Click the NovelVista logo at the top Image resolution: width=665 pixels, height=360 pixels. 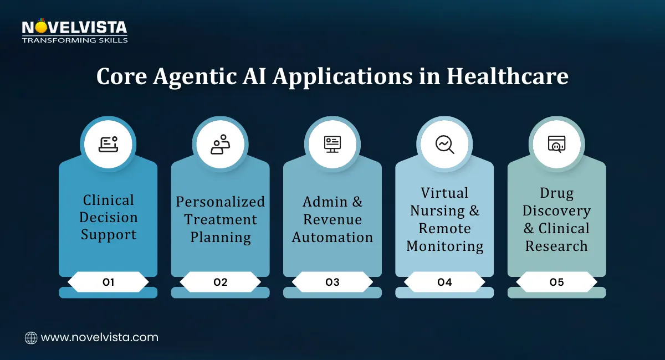click(x=74, y=31)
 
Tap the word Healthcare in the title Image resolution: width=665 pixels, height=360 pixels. click(x=508, y=76)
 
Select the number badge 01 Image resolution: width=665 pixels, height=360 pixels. click(x=108, y=282)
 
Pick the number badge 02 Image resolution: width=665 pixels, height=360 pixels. click(x=221, y=282)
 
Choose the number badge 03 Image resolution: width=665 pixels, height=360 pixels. click(x=332, y=282)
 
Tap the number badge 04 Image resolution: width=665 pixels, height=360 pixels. click(x=444, y=282)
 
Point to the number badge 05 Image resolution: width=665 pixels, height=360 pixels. click(x=556, y=282)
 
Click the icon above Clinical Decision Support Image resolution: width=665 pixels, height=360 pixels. click(x=108, y=145)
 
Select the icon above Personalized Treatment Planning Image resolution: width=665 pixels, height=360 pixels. click(x=221, y=145)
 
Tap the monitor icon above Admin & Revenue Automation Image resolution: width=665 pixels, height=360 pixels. click(x=332, y=145)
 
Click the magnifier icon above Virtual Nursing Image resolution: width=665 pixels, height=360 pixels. click(x=444, y=145)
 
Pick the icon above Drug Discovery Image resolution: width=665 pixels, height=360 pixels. click(x=556, y=145)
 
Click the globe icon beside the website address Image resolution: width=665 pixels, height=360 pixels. click(x=31, y=338)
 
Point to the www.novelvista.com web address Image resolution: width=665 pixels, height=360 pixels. click(x=100, y=337)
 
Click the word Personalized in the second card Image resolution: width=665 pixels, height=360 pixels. click(x=221, y=202)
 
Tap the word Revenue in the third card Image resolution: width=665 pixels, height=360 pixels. click(x=332, y=219)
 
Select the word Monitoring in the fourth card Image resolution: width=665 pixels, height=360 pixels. click(x=444, y=246)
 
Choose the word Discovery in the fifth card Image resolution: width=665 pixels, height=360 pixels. click(x=556, y=210)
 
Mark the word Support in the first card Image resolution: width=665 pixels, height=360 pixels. click(x=108, y=235)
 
